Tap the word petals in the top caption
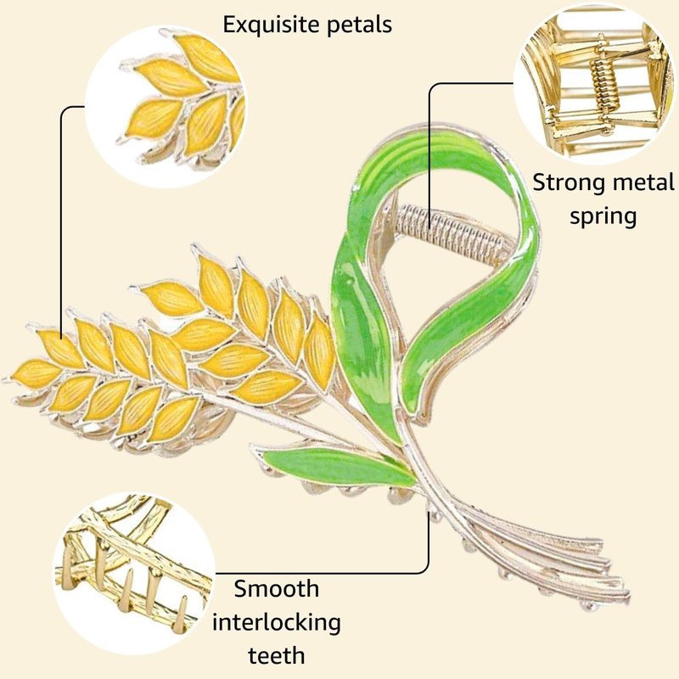(363, 25)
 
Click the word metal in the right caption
(647, 182)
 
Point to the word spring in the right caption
(603, 216)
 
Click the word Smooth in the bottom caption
(277, 588)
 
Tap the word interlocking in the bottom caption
(277, 622)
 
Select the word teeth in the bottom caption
(277, 655)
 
